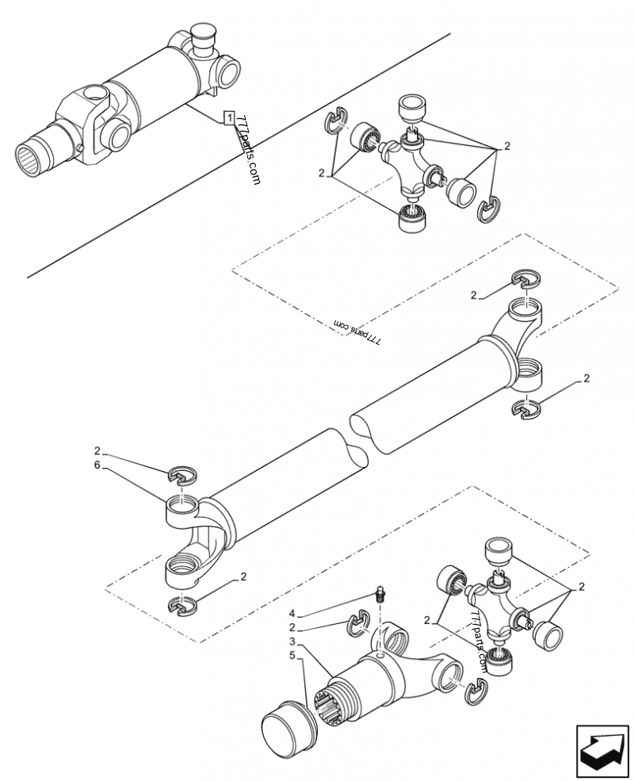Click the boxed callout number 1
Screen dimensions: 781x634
tap(229, 118)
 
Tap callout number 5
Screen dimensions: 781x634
tap(292, 655)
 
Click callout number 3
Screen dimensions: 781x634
tap(292, 641)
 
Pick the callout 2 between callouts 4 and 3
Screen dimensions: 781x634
tap(292, 626)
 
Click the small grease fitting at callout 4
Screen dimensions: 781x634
tap(380, 594)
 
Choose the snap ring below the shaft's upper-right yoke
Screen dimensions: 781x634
tap(525, 408)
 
